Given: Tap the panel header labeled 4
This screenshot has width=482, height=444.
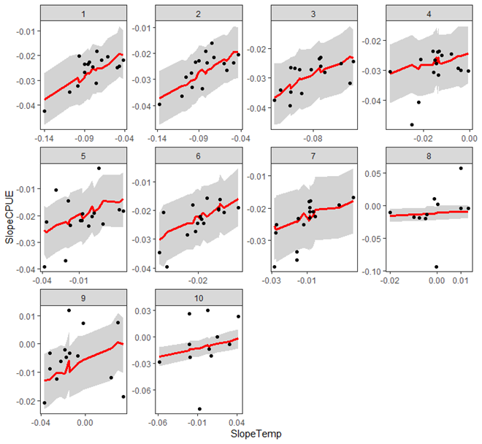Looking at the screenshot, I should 427,14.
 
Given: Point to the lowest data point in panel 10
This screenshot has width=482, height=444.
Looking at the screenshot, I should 199,409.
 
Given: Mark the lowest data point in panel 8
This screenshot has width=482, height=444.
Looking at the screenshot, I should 437,267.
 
